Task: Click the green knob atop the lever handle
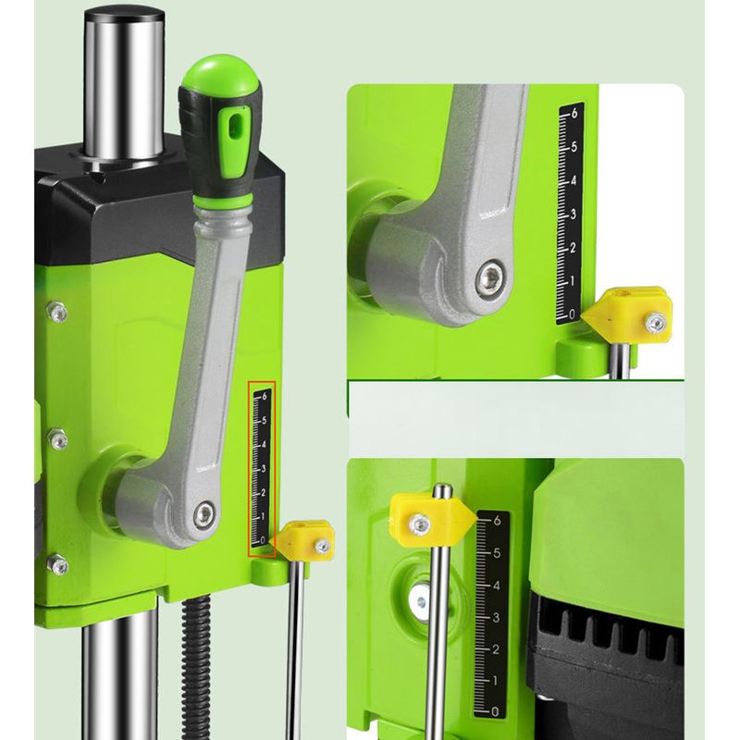click(221, 76)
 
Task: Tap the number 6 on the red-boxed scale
click(265, 397)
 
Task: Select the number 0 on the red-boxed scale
click(264, 540)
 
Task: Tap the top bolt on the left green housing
click(57, 312)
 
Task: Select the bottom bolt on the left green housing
click(58, 564)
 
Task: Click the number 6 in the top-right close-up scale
click(573, 113)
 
